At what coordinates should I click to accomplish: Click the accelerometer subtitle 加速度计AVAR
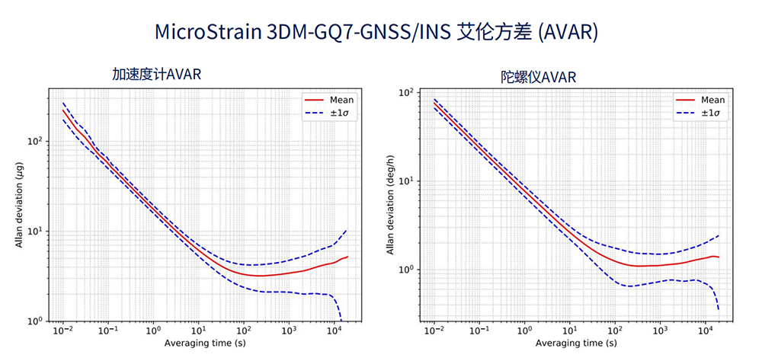(156, 74)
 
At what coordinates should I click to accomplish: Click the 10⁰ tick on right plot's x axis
(524, 332)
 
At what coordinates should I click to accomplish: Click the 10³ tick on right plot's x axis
(660, 332)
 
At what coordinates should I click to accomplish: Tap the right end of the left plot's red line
(347, 257)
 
